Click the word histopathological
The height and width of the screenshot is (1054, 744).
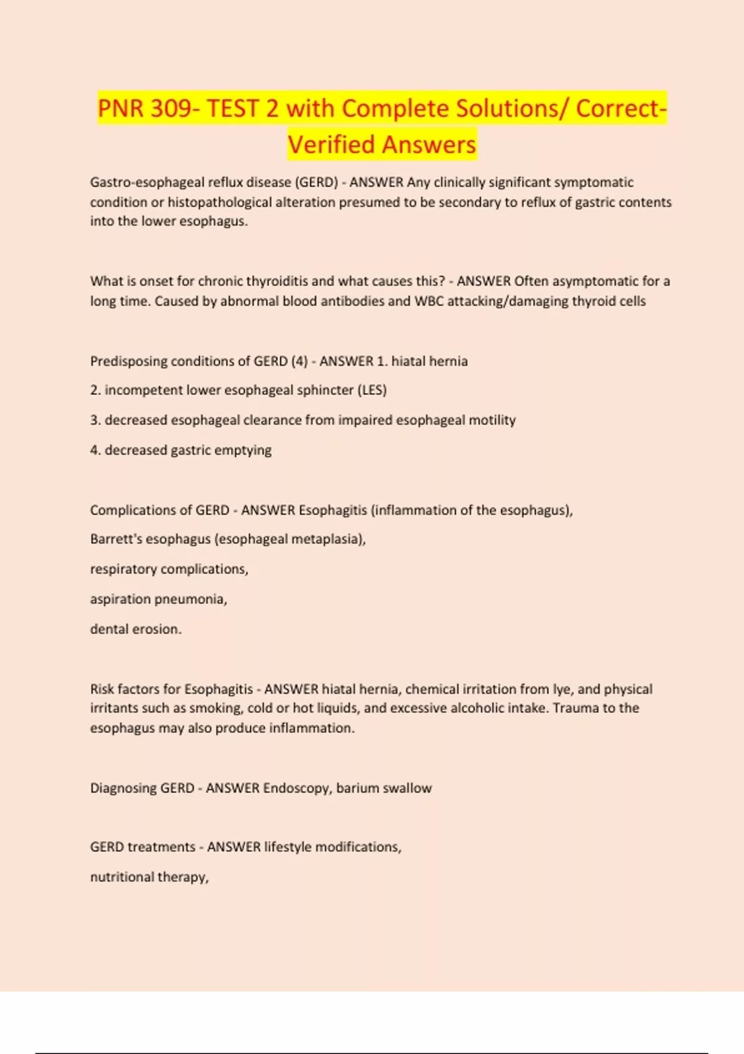pyautogui.click(x=219, y=202)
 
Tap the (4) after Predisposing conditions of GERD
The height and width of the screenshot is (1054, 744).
pyautogui.click(x=299, y=361)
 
